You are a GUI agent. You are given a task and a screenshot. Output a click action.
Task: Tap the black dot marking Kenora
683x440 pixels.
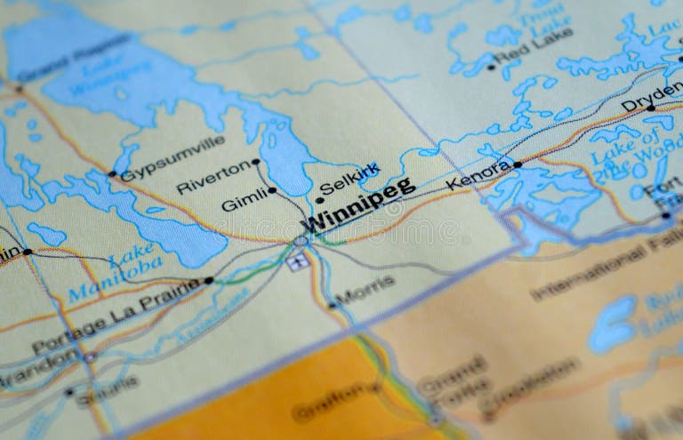point(518,164)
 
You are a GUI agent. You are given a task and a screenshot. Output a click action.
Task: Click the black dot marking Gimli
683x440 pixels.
point(272,190)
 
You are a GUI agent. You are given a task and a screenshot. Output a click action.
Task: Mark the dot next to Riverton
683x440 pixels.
point(256,162)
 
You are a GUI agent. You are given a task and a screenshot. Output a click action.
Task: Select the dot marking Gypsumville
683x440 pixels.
point(112,174)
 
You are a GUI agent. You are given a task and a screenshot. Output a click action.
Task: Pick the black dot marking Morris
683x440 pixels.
point(333,305)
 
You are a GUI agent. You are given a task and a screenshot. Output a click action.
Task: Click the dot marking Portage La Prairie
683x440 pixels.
point(209,280)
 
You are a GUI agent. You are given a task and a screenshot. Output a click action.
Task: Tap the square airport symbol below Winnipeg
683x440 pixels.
point(298,260)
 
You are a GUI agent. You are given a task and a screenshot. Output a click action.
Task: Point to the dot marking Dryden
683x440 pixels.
point(651,108)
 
